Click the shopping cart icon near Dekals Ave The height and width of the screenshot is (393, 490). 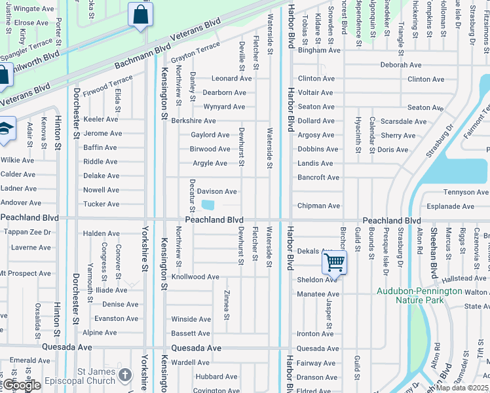pos(334,263)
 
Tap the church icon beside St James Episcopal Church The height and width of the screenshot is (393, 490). pos(124,375)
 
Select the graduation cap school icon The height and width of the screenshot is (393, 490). pos(5,128)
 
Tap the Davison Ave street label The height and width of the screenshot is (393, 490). pos(217,191)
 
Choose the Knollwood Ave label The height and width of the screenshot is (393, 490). pos(195,277)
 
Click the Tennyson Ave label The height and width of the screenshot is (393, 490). pos(466,192)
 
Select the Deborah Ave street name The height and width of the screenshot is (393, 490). pos(401,65)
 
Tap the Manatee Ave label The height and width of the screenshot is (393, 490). pos(318,294)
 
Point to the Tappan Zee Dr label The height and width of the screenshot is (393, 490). pos(27,232)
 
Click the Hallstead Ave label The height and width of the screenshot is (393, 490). pos(463,278)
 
